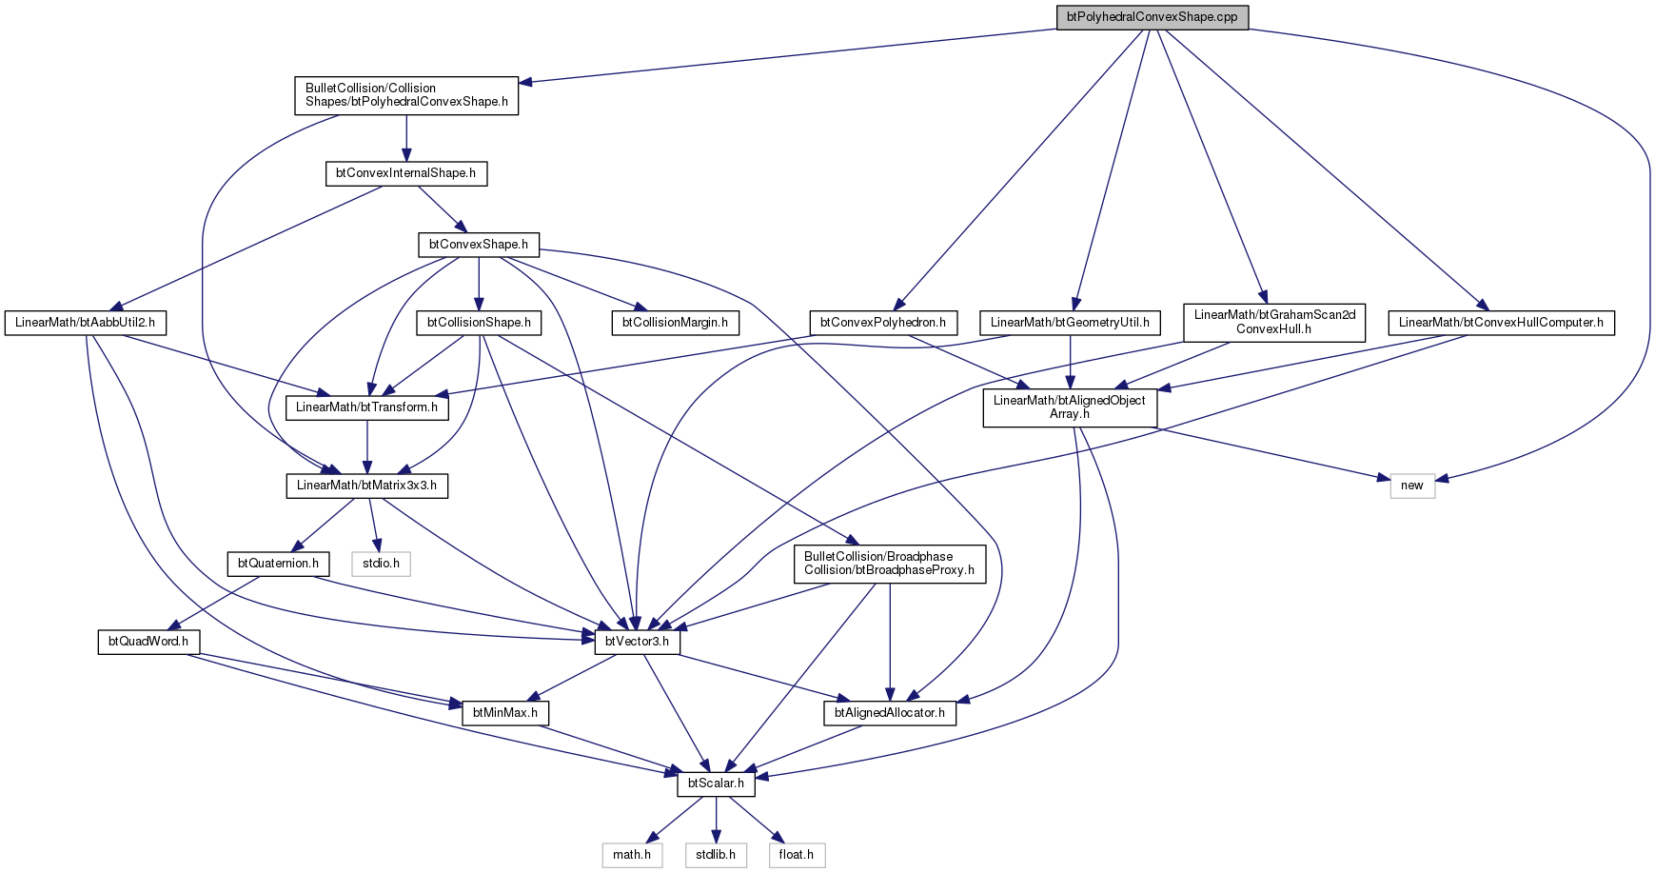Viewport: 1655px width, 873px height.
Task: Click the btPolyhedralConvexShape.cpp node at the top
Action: [x=1152, y=17]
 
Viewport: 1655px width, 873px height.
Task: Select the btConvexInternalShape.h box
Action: [x=406, y=174]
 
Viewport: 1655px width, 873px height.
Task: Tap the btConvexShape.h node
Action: [x=478, y=245]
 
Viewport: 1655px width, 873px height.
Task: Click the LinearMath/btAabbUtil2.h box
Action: [x=85, y=323]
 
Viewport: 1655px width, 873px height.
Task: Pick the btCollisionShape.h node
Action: [x=479, y=323]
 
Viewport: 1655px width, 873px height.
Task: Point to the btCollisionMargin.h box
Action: [x=675, y=323]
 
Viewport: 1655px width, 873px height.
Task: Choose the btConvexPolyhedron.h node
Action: [x=883, y=323]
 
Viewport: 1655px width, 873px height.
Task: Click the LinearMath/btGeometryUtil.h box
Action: [x=1070, y=323]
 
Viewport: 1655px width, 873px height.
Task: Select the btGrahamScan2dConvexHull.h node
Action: [x=1274, y=322]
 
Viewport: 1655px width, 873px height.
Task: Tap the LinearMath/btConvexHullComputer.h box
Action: [x=1501, y=323]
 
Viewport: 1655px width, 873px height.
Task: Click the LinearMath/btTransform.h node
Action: [x=366, y=407]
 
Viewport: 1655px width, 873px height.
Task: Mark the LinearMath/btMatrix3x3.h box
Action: [x=366, y=486]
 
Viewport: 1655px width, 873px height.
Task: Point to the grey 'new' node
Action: [x=1412, y=486]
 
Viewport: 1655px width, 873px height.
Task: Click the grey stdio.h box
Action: [x=382, y=564]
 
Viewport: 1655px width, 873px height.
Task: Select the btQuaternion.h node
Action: [x=278, y=564]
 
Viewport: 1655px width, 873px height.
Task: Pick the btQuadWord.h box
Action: [x=148, y=642]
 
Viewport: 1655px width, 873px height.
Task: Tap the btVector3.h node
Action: [x=638, y=642]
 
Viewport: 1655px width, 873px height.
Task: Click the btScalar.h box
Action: [x=717, y=784]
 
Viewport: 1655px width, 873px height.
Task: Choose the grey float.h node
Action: [x=797, y=855]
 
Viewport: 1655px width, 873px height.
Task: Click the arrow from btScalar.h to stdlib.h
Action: [x=717, y=819]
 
